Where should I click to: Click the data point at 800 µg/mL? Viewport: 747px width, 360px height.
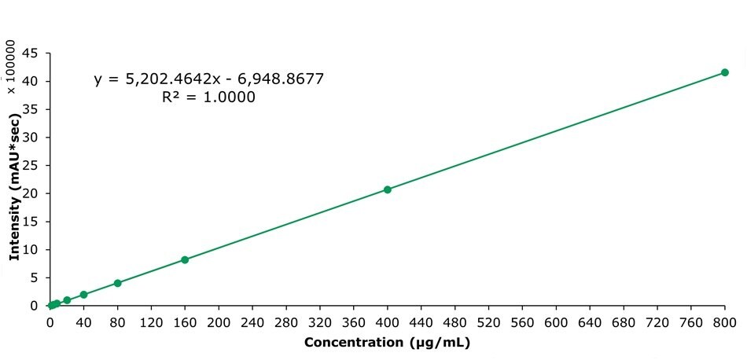coord(724,72)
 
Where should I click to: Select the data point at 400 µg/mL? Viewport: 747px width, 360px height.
coord(387,189)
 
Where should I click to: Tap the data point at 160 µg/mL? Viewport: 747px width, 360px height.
coord(185,259)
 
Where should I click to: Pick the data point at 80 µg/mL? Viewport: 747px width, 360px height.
coord(117,283)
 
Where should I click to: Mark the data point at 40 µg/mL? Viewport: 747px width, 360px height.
coord(83,295)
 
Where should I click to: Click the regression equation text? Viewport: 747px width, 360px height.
coord(209,79)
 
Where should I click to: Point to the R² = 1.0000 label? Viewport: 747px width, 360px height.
coord(208,97)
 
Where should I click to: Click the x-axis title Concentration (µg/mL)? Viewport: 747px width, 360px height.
coord(387,343)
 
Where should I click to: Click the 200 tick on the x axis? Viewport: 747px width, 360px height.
coord(219,322)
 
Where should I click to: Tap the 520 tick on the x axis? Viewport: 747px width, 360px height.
coord(488,322)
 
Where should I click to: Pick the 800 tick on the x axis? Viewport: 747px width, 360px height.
coord(724,322)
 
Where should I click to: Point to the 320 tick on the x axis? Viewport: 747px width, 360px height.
coord(320,322)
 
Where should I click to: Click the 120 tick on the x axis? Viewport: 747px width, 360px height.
coord(151,322)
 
